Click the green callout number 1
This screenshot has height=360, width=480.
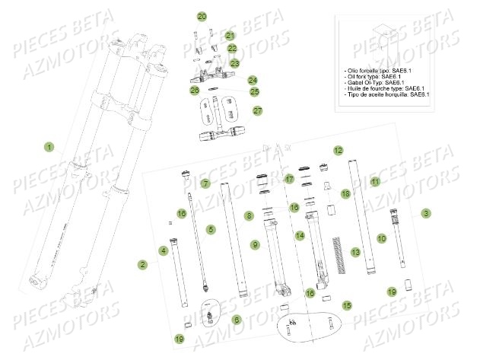pos(49,146)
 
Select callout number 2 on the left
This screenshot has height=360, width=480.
pos(141,264)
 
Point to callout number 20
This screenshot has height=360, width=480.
pos(202,16)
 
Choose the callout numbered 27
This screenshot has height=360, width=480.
pos(257,111)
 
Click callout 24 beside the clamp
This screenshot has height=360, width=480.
pos(252,79)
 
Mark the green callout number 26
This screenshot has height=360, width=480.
pos(195,91)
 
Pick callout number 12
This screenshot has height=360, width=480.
pos(338,151)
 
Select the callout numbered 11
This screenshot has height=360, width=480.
pos(374,183)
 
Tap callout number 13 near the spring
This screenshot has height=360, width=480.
pos(354,251)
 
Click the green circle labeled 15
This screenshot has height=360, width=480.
pos(347,304)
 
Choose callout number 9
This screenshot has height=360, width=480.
pos(256,244)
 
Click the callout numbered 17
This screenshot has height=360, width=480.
pos(288,179)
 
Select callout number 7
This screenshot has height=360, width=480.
pos(205,183)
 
